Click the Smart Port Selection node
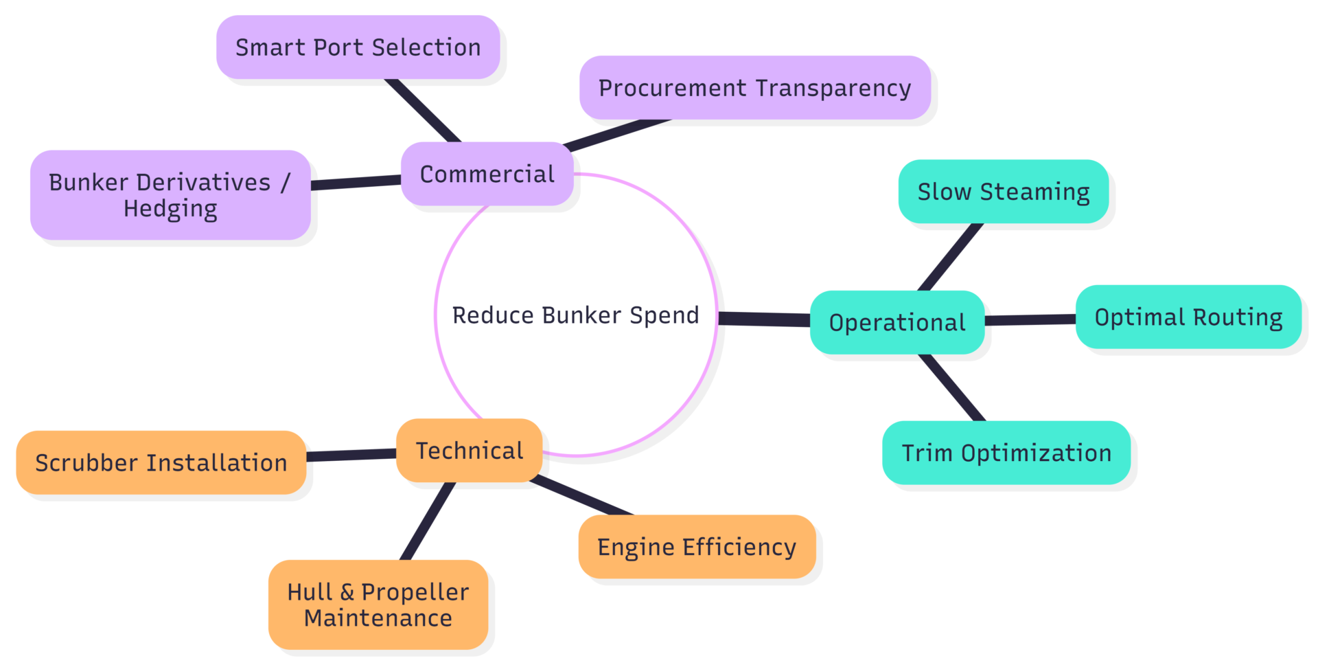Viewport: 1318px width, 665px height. [358, 47]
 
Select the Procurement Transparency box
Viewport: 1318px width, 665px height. [754, 88]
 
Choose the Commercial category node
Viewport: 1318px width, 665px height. [487, 174]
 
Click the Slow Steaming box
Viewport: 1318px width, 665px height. [1003, 192]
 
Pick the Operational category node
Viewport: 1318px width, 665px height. [897, 322]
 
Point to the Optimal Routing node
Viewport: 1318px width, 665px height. [1188, 317]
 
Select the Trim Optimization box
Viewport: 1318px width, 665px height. [1006, 453]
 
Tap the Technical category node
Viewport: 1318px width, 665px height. [469, 451]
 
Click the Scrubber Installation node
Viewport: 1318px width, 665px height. [161, 463]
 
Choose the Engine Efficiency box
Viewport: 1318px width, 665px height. [696, 547]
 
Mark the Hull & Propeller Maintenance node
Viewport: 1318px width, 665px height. [378, 605]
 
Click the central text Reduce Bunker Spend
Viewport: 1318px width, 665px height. [575, 315]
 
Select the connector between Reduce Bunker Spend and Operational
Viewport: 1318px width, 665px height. [763, 319]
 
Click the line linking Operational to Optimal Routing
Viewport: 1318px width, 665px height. [1030, 319]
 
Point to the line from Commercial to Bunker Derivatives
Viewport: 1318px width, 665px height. [356, 183]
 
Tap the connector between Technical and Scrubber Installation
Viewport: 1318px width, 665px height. [351, 455]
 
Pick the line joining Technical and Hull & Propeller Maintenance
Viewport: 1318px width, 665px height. [428, 521]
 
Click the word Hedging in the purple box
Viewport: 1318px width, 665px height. [170, 209]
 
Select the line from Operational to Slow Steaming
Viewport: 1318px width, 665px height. [951, 257]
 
